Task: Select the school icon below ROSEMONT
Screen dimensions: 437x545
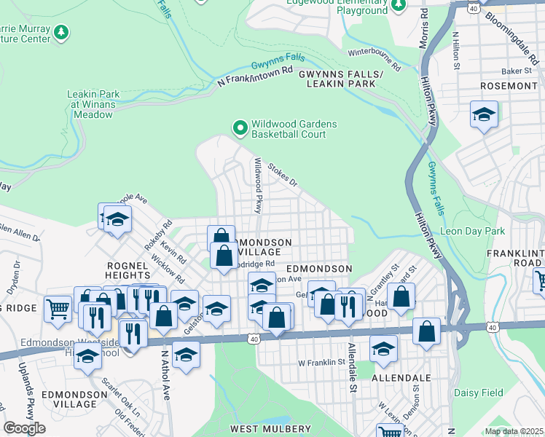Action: tap(484, 115)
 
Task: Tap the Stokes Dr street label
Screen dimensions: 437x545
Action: tap(283, 173)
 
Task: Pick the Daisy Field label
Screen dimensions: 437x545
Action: tap(479, 393)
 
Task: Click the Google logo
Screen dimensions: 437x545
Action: tap(24, 428)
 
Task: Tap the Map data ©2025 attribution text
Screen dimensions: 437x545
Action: tap(514, 431)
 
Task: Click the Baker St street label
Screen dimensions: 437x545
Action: tap(517, 71)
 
